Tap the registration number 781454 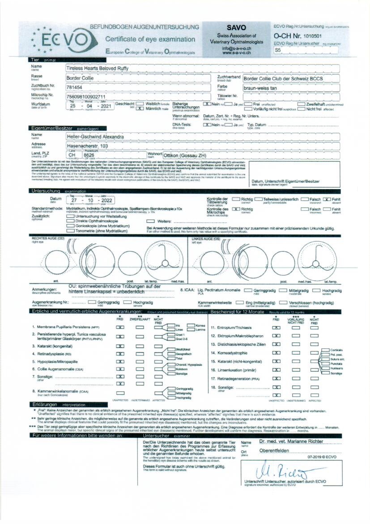pos(73,87)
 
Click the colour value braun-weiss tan pos(260,88)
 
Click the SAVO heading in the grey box pos(237,27)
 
